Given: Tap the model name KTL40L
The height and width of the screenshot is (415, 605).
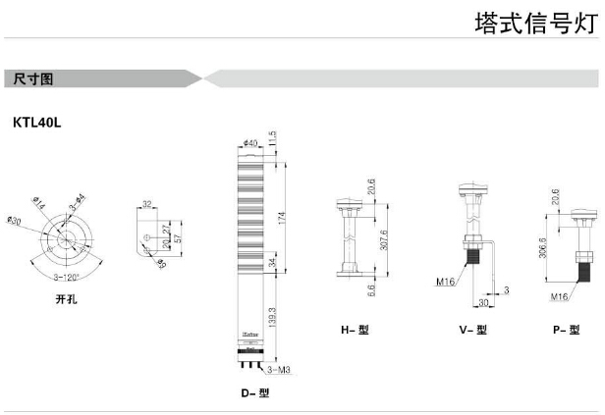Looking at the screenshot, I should coord(37,123).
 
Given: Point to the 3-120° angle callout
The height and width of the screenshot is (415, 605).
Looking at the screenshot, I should coord(63,278).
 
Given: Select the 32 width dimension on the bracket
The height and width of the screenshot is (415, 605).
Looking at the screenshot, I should coord(146,205).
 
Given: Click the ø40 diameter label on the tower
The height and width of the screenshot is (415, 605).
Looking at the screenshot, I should coord(249,144).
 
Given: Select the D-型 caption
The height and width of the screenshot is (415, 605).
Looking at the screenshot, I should coord(255,392).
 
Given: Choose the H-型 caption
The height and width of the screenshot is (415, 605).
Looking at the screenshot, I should coord(355,331).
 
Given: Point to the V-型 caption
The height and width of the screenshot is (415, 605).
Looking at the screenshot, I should coord(472,331).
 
